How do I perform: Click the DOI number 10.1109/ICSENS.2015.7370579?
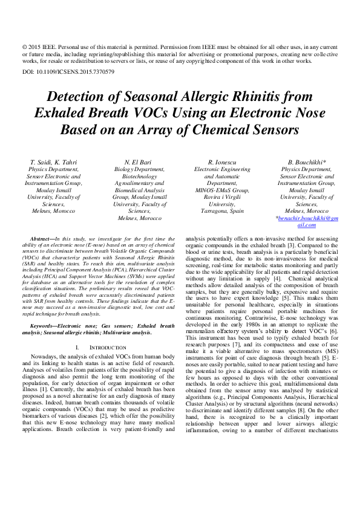78,72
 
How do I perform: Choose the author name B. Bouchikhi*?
307,163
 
